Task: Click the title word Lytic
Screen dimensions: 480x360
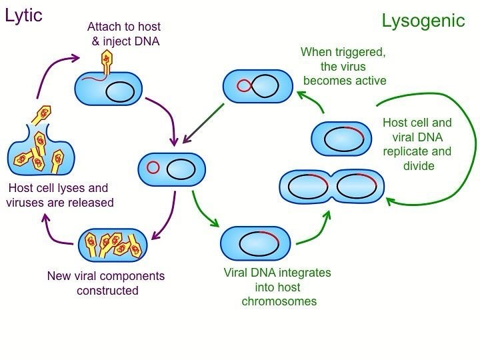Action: (x=23, y=16)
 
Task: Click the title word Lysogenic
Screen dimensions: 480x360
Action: (x=423, y=21)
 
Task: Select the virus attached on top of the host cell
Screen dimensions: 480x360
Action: (x=107, y=63)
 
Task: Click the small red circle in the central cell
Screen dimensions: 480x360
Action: (x=153, y=167)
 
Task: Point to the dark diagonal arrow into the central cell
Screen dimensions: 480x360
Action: (x=203, y=123)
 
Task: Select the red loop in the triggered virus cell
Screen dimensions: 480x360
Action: (x=244, y=86)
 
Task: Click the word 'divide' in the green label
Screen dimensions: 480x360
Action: (x=419, y=166)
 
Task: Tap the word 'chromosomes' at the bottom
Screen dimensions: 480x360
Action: (x=279, y=301)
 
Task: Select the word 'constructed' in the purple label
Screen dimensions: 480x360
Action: (x=107, y=290)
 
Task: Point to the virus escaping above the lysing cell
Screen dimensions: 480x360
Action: (x=41, y=115)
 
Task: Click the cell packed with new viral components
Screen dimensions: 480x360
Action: (x=113, y=245)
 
